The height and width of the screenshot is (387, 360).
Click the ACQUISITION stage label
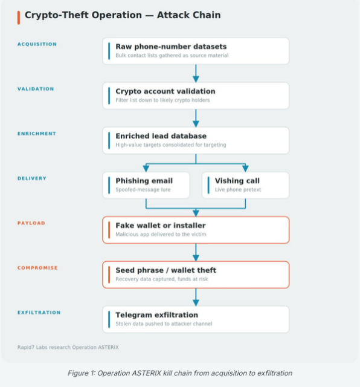pos(37,44)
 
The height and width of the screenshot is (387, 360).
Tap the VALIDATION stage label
pos(36,89)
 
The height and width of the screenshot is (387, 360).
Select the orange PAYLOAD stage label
pos(31,223)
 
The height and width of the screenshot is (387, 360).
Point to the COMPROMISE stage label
pos(37,268)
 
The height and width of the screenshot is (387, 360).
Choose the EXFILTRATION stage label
pos(39,313)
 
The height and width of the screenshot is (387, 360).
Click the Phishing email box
pos(146,186)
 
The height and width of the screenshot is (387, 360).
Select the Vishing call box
pos(246,186)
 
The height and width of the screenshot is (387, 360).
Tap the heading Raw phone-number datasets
pos(171,47)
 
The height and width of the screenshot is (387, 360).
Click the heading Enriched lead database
pos(161,136)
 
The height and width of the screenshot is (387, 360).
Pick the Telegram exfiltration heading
pos(157,315)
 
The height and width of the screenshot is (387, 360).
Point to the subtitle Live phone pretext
pos(238,189)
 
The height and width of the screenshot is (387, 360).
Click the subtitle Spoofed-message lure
pos(143,189)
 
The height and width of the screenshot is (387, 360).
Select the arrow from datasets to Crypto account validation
pos(196,73)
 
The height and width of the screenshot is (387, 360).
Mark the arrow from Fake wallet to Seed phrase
pos(196,252)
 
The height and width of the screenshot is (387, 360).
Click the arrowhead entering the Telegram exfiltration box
pos(196,303)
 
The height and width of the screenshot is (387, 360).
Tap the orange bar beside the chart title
pos(19,18)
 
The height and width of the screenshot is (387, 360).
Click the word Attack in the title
pos(173,15)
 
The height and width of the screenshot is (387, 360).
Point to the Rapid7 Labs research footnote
pos(68,347)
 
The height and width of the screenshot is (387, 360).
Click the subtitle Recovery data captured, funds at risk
pos(162,279)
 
